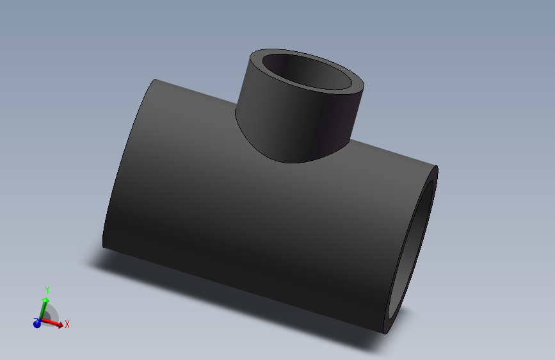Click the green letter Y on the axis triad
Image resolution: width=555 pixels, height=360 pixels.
coord(47,290)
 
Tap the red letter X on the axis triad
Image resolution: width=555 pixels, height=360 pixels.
coord(67,324)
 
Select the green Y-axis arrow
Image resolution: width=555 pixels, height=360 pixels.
coord(44,306)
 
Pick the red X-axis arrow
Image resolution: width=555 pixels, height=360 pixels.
coord(54,324)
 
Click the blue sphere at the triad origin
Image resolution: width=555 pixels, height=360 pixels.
coord(37,323)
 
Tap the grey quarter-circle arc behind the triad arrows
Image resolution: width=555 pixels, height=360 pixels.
coord(54,313)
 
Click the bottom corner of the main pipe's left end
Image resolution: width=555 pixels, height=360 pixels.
coord(103,246)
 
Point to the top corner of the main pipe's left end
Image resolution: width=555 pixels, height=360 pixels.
coord(156,79)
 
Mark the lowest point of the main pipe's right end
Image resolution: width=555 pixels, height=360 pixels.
coord(386,333)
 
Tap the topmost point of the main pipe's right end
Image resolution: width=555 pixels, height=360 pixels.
coord(436,167)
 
